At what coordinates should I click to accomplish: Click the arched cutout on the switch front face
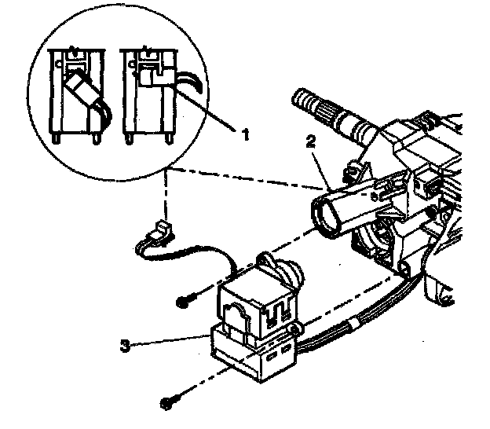tap(235, 318)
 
